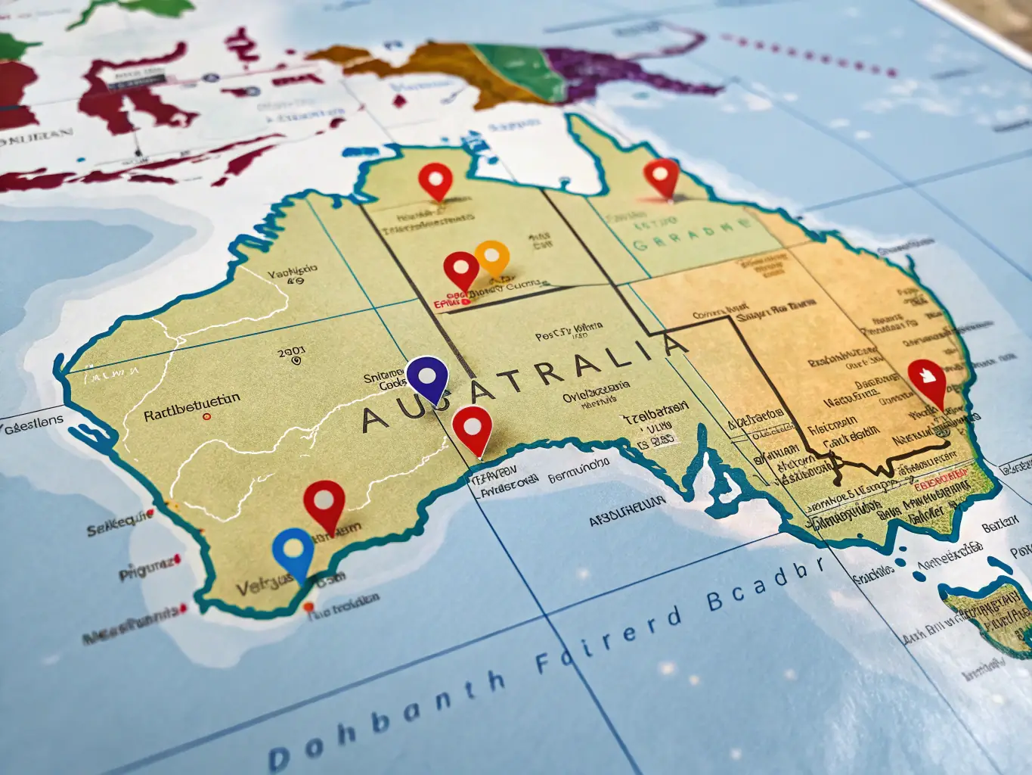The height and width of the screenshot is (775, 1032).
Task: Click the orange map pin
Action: [x=492, y=257]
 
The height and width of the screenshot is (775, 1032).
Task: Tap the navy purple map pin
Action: [x=427, y=375]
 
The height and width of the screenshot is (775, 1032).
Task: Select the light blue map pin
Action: [x=293, y=549]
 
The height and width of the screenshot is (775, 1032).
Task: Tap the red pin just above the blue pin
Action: [x=324, y=501]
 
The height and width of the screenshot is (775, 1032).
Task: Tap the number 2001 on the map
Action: [x=291, y=352]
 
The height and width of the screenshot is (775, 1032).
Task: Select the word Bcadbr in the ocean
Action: [x=764, y=588]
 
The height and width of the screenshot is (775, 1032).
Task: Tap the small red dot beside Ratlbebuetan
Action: [x=206, y=416]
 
